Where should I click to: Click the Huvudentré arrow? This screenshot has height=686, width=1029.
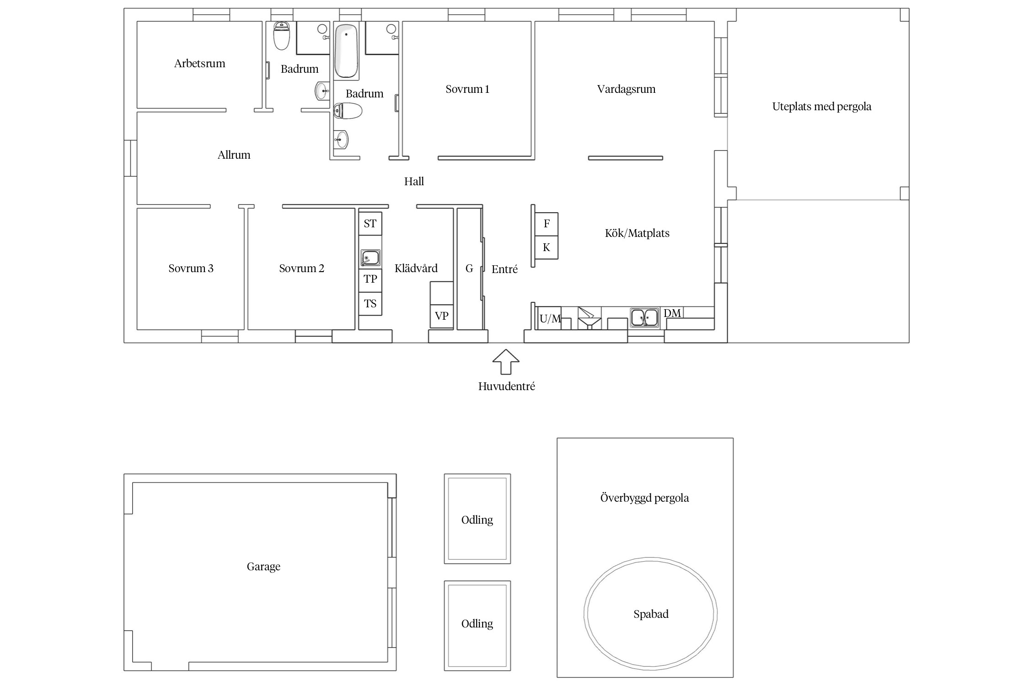tap(506, 362)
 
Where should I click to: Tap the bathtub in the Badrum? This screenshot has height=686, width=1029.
tap(346, 51)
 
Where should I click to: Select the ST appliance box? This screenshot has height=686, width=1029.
tap(370, 224)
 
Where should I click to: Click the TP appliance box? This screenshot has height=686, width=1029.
tap(370, 279)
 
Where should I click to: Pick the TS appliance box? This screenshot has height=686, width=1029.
tap(370, 304)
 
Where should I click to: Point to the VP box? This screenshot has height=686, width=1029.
tap(441, 316)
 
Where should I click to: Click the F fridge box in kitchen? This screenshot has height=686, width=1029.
tap(547, 224)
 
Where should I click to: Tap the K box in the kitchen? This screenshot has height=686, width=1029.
tap(547, 247)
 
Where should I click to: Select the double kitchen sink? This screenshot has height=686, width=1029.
tap(644, 317)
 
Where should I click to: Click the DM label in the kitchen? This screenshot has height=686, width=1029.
tap(672, 313)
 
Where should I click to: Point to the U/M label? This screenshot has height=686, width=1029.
tap(550, 319)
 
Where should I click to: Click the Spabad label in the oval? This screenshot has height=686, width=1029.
tap(651, 614)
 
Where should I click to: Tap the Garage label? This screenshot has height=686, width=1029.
tap(263, 567)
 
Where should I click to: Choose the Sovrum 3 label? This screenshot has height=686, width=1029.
tap(191, 268)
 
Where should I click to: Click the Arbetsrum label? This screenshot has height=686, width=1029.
tap(200, 64)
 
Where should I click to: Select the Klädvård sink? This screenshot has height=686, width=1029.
tap(370, 258)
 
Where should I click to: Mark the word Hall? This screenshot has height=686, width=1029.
tap(414, 182)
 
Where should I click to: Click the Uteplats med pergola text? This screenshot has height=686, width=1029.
tap(822, 107)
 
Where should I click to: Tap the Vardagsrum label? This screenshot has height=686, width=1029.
tap(626, 89)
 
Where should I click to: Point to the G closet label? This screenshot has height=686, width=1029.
tap(469, 268)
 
